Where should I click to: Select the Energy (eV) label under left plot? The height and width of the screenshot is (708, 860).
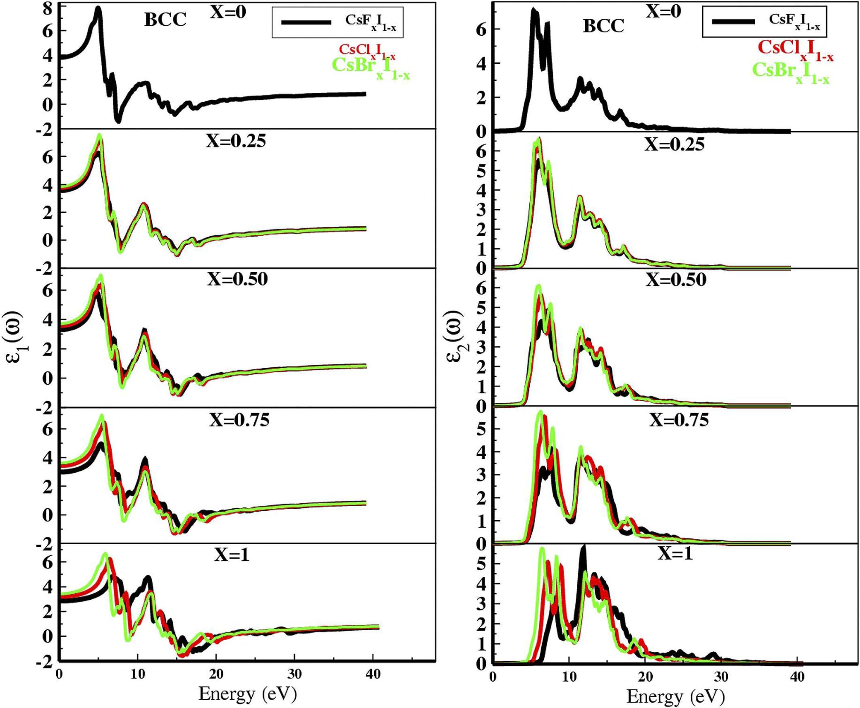tap(248, 693)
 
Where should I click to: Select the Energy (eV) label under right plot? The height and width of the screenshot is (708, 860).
tap(675, 696)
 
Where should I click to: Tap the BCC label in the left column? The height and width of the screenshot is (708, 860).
tap(165, 20)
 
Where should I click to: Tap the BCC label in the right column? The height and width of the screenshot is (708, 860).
tap(603, 26)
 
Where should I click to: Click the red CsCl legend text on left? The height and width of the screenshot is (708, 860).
tap(367, 51)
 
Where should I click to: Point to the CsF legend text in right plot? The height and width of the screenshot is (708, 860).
tap(794, 21)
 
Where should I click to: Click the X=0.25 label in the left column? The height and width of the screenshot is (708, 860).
tap(236, 141)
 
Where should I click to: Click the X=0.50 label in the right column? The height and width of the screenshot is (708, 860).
tap(676, 280)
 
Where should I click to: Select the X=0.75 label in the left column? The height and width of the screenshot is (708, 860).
tap(239, 419)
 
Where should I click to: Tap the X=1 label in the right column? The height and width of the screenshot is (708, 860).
tap(675, 554)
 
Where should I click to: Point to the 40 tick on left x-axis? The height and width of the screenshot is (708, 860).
tap(373, 674)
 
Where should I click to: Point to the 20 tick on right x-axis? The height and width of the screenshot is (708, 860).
tap(645, 677)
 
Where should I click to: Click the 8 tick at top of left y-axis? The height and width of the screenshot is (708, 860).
tap(48, 8)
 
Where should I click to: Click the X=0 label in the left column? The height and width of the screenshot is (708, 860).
tap(228, 12)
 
